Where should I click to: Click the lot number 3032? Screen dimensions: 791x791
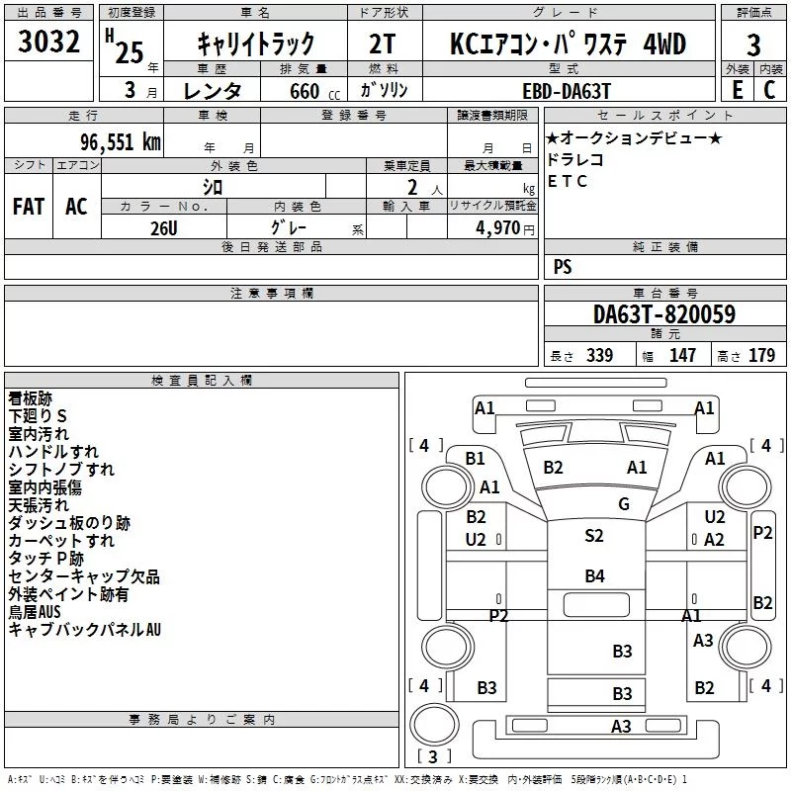[x=48, y=42]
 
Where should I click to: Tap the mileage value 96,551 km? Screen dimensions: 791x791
[x=121, y=142]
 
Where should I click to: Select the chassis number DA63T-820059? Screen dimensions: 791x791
[x=664, y=314]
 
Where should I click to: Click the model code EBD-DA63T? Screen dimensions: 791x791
[x=567, y=91]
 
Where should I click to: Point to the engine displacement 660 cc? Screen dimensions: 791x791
[x=314, y=91]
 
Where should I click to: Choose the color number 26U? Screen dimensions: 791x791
[x=164, y=228]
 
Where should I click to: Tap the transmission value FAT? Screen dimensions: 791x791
[x=29, y=207]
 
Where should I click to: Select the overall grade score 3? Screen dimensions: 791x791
[x=753, y=44]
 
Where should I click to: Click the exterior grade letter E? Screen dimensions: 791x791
[x=738, y=90]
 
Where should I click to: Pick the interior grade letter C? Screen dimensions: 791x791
[x=769, y=90]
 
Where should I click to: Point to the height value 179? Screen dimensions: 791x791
[x=761, y=355]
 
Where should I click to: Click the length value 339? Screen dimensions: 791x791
[x=599, y=355]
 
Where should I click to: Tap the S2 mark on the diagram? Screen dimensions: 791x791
[x=594, y=535]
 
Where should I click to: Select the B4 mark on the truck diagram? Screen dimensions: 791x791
[x=595, y=575]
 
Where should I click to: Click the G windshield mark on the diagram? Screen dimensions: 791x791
[x=624, y=503]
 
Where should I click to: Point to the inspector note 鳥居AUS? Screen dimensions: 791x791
[x=35, y=612]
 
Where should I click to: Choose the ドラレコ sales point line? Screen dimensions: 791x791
[x=575, y=159]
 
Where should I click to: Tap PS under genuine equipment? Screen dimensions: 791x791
[x=563, y=266]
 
